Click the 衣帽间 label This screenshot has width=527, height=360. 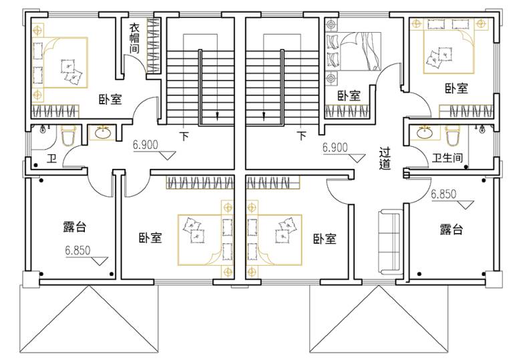(x=135, y=38)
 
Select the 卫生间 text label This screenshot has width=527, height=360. (x=447, y=158)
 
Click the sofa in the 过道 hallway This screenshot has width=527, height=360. (x=390, y=241)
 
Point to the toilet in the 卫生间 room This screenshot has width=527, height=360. (x=452, y=135)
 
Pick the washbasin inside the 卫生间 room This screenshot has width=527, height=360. (x=425, y=133)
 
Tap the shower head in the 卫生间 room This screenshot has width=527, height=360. (x=482, y=128)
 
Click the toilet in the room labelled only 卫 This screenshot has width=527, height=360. (x=69, y=136)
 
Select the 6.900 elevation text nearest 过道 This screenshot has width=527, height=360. (x=335, y=148)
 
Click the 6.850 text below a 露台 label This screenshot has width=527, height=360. (x=78, y=250)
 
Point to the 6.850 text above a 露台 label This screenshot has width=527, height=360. (x=444, y=194)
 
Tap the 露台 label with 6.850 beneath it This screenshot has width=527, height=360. (x=75, y=227)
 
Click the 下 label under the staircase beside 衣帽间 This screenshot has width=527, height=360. (x=184, y=136)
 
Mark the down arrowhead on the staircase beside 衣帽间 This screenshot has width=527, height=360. (x=218, y=116)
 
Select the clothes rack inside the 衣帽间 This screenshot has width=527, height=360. (x=153, y=45)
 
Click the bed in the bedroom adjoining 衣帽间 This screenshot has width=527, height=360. (x=60, y=63)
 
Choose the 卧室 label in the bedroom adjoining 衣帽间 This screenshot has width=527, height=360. (x=110, y=100)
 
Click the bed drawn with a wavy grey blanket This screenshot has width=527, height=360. (x=353, y=51)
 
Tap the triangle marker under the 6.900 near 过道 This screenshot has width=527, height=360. (x=357, y=158)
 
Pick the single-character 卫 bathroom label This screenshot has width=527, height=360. (x=51, y=158)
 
